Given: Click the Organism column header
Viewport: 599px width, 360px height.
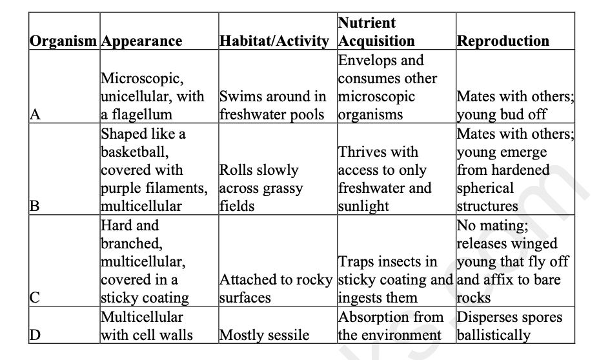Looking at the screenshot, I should point(65,41).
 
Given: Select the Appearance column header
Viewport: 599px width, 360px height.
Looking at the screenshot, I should point(142,41).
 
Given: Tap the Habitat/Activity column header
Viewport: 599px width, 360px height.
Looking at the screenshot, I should point(275,41).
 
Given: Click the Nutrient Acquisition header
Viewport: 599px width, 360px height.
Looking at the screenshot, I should point(376,32).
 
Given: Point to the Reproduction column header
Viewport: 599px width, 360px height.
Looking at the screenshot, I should point(503,41).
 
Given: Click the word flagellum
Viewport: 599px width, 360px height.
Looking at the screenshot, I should point(143,115).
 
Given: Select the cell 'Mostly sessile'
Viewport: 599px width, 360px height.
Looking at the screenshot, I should point(265,335).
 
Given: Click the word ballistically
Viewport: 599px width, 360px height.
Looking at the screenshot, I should point(494,335).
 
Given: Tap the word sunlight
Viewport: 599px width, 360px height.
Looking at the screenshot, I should point(364,206).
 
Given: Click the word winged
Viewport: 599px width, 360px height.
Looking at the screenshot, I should point(535,243).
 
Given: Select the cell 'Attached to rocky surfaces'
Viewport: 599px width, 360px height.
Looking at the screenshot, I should point(276,289).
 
